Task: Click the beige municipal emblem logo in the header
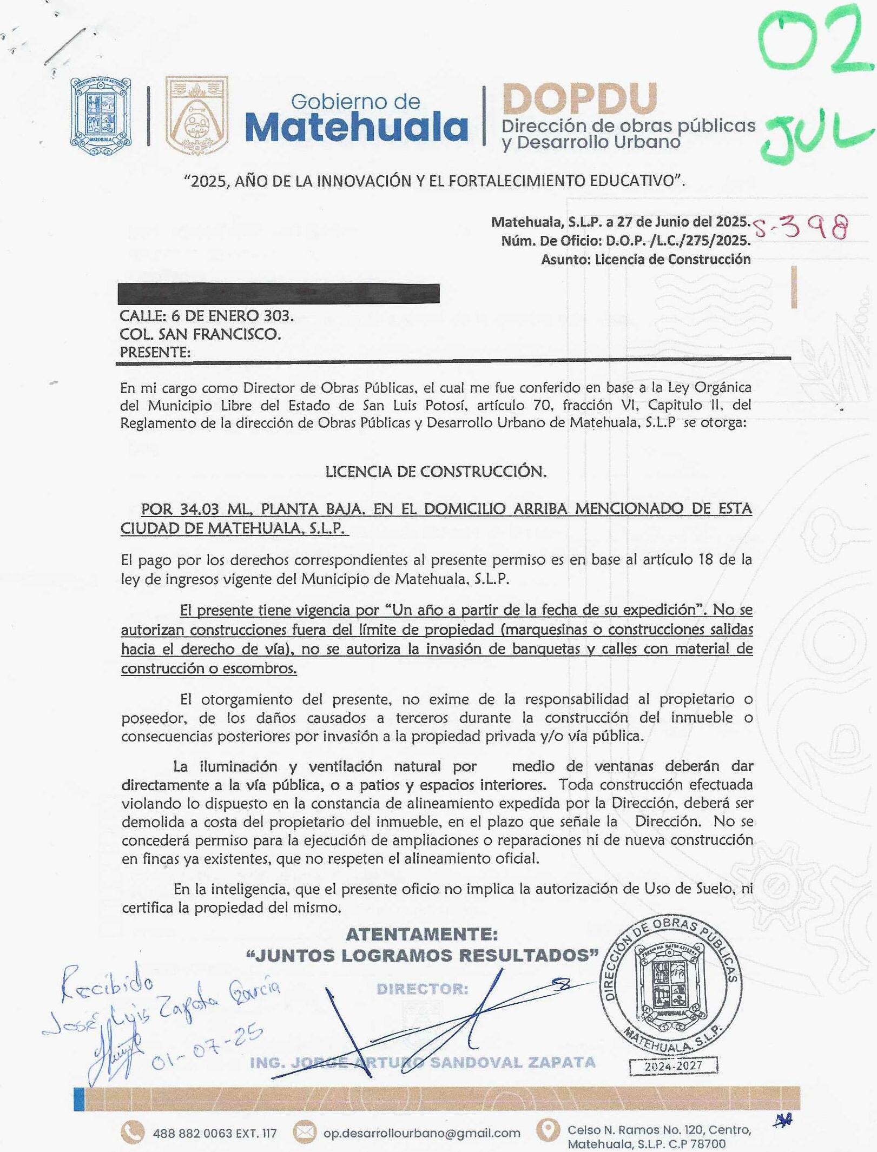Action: pos(196,115)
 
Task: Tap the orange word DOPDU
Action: pos(579,99)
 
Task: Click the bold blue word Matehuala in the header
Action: pos(356,128)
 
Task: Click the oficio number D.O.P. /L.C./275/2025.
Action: pos(678,241)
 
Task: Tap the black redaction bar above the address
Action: pos(278,293)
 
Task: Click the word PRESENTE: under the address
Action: pos(155,353)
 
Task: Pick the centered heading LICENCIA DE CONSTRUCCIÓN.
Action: pos(436,472)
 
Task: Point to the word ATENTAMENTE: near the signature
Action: pos(421,934)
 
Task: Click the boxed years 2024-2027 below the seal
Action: pos(673,1065)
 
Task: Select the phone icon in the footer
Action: pos(133,1133)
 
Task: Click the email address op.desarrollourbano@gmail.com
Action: pos(421,1133)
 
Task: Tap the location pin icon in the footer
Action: pos(548,1130)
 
